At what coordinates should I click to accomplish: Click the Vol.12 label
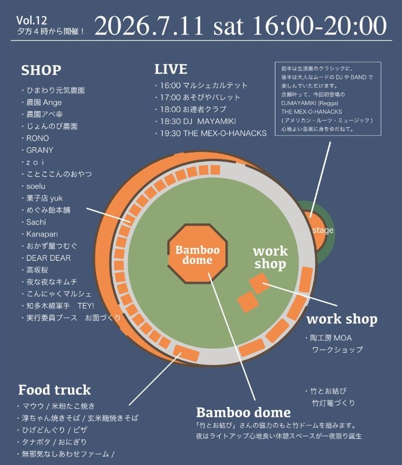32,21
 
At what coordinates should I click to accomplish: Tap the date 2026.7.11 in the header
149,26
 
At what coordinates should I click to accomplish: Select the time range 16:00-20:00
319,26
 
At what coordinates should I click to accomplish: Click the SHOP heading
41,70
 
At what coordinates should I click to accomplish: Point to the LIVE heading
171,69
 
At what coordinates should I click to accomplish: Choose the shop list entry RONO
37,138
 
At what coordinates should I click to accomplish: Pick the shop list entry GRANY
40,150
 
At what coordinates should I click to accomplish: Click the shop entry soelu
36,186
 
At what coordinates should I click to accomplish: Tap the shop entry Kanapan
42,234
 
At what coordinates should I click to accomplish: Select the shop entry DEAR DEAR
49,258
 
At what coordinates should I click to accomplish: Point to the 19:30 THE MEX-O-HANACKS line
213,133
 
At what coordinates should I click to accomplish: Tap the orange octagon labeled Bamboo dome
197,254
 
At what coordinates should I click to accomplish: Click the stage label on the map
323,230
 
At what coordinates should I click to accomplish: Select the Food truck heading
55,390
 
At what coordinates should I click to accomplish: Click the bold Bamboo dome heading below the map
244,413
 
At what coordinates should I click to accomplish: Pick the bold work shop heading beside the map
342,319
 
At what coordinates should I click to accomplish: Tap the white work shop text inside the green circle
270,257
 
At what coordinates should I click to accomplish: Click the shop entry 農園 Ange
44,102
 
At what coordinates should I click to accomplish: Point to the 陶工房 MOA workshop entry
331,338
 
